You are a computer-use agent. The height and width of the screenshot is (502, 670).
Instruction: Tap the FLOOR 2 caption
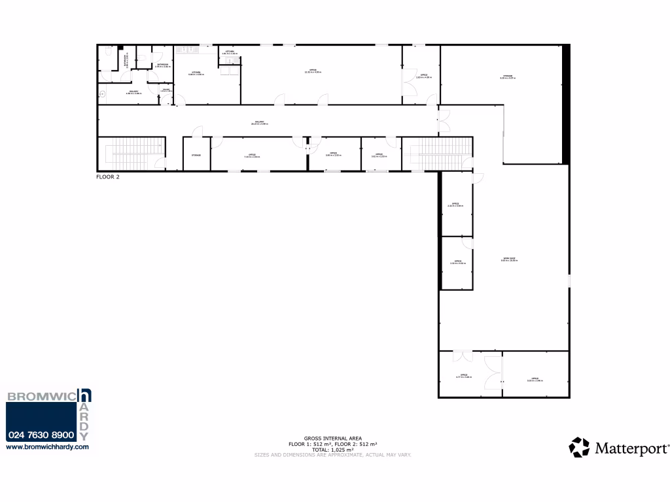click(x=108, y=176)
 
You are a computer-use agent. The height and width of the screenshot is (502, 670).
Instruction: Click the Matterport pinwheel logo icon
click(x=580, y=448)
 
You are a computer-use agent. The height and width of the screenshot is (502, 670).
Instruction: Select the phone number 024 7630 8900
click(x=41, y=435)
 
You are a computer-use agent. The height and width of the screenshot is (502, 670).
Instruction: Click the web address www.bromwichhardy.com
click(x=46, y=447)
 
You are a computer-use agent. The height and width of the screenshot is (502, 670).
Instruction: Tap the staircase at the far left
click(x=131, y=153)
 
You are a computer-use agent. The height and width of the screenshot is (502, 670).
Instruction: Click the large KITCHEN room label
click(x=196, y=73)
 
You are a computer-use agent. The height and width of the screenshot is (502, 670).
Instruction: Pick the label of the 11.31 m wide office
click(x=313, y=71)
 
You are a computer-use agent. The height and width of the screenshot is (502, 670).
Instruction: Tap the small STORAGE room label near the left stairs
click(x=196, y=155)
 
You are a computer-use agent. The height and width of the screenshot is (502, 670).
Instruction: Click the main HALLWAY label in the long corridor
click(x=260, y=122)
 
